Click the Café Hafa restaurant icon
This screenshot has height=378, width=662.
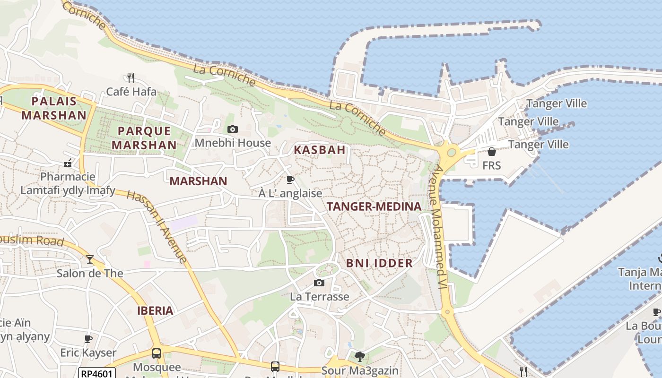coord(131,77)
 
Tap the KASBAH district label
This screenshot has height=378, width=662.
coord(320,150)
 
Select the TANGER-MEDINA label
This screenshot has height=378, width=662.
coord(374,206)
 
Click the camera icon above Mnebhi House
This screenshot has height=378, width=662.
coord(232,129)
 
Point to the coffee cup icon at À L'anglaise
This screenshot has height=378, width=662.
coord(290,180)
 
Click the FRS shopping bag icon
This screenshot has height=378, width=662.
coord(492,152)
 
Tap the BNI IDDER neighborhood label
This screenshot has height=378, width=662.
coord(379,263)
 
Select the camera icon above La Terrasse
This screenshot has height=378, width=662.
coord(319,283)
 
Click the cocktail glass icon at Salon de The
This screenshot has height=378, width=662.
coord(90,259)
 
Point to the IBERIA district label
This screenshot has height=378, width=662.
coord(155,311)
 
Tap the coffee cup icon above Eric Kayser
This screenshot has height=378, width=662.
coord(88,338)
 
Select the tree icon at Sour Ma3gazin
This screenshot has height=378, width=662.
coord(360,356)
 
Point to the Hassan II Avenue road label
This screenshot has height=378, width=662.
coord(157,227)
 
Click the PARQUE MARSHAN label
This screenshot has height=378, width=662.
coord(144,138)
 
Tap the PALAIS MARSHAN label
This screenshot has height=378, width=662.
coord(54,108)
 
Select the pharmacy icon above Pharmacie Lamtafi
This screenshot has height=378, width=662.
coord(68,163)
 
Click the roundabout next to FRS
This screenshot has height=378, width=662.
coord(451,153)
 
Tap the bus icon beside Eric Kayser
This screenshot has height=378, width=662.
coord(157,353)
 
